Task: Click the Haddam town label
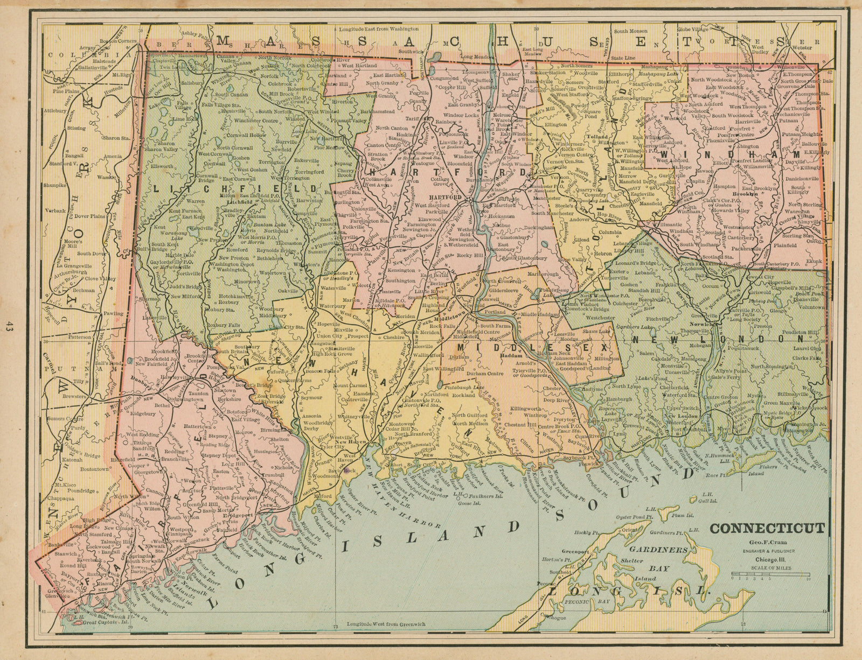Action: (x=509, y=356)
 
